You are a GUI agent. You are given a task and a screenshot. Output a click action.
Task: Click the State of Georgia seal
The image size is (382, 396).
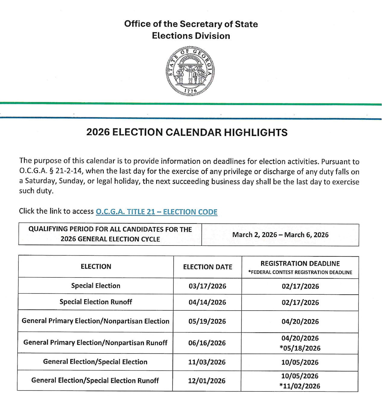(x=190, y=71)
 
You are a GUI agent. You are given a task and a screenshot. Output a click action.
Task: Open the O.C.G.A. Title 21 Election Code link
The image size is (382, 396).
(x=156, y=212)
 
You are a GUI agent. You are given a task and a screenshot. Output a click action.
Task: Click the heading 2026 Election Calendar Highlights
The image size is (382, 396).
(x=187, y=132)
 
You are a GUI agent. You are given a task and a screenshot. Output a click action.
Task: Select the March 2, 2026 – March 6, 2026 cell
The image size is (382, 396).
(x=280, y=235)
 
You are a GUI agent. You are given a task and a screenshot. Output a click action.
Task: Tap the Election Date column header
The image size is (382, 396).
(x=207, y=267)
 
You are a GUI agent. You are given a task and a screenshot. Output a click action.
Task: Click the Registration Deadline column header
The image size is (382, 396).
(x=300, y=264)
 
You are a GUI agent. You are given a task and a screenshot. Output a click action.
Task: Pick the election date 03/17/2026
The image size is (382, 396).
(x=207, y=286)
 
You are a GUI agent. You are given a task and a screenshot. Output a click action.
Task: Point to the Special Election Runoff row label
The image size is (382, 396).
(x=96, y=302)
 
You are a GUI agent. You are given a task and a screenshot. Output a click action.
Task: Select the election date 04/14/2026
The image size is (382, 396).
(x=207, y=303)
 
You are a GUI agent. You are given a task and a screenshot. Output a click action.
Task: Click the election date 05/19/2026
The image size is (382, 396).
(x=207, y=322)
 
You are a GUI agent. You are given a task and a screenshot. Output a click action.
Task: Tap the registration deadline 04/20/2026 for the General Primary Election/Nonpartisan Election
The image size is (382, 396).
(x=300, y=322)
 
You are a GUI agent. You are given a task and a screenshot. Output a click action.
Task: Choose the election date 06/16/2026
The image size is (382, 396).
(x=207, y=343)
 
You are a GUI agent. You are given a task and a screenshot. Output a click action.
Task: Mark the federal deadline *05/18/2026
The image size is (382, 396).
(x=300, y=348)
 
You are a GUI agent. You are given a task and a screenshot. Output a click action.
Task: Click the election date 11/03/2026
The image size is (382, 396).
(x=207, y=362)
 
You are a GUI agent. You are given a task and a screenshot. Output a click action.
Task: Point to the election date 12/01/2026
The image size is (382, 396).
(x=207, y=381)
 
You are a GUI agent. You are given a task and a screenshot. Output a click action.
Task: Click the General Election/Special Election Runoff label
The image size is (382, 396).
(x=95, y=381)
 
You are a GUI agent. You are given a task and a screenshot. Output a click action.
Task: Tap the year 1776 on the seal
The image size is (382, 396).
(x=190, y=90)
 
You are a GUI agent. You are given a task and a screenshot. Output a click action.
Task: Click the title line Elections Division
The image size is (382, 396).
(x=191, y=36)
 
